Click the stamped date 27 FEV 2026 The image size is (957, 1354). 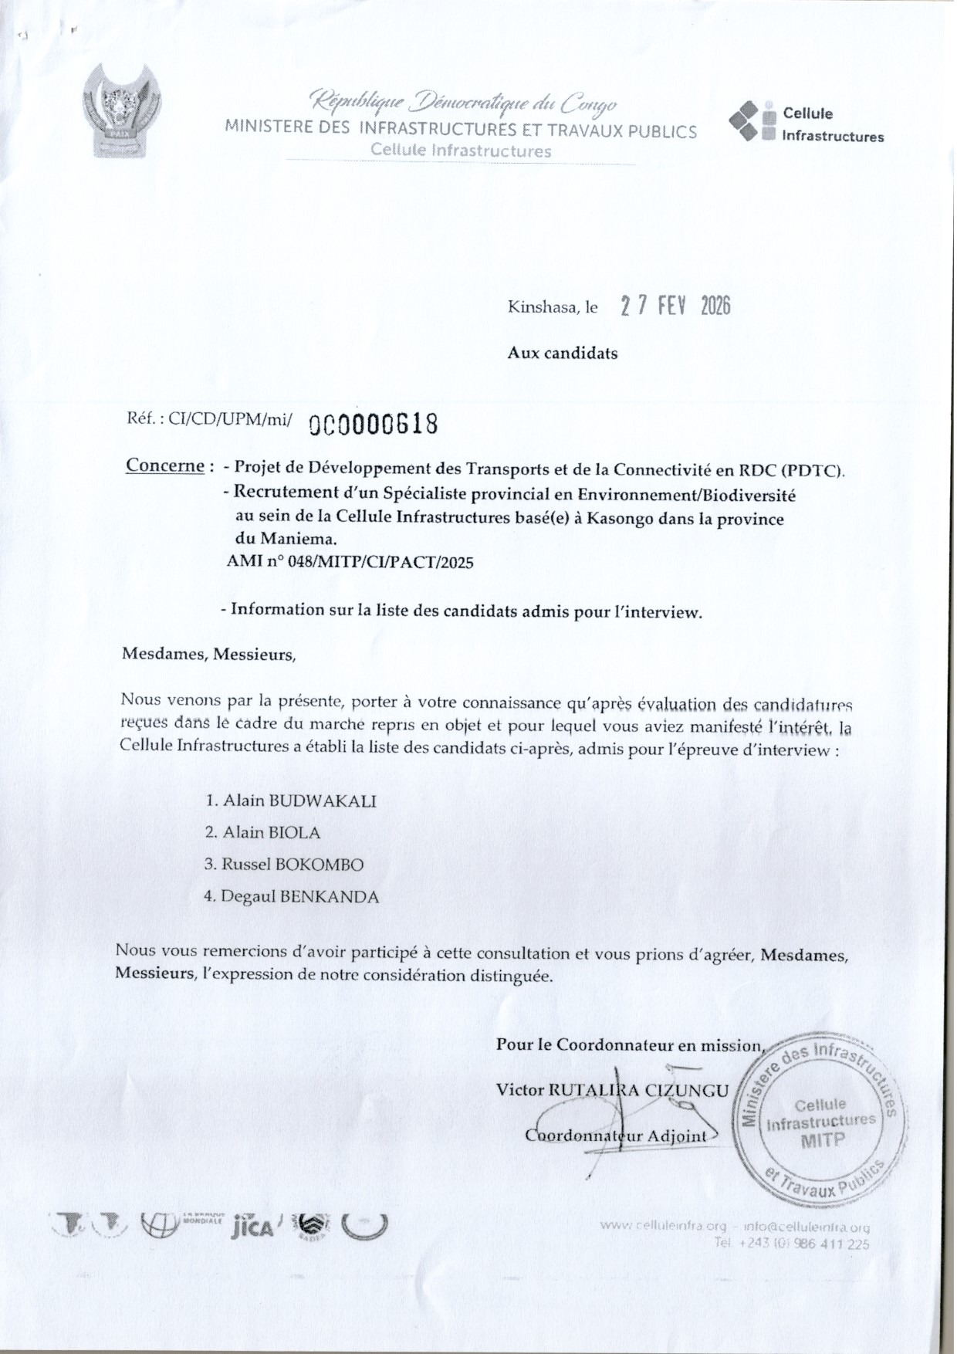(675, 306)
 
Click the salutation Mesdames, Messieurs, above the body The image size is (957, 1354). (208, 655)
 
